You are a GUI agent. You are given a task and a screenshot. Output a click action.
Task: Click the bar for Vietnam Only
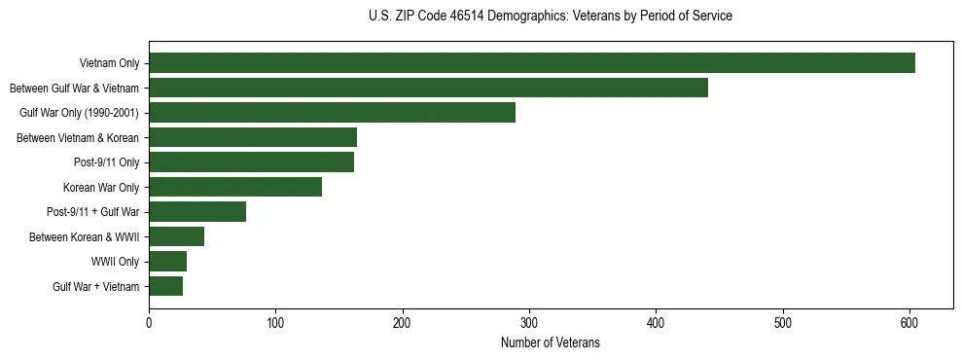tap(532, 63)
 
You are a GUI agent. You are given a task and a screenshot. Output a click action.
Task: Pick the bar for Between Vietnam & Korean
tap(253, 137)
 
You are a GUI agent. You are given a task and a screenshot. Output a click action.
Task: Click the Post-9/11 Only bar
tap(251, 162)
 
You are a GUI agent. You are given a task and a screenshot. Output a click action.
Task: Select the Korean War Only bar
tap(235, 187)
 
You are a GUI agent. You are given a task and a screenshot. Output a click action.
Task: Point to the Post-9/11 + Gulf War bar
tap(197, 212)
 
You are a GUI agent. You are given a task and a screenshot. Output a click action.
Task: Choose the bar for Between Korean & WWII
tap(176, 236)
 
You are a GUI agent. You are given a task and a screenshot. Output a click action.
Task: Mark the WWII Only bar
tap(167, 262)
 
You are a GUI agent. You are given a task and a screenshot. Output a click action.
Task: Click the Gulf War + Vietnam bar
tap(165, 286)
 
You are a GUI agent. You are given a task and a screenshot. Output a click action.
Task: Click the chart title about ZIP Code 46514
tap(551, 17)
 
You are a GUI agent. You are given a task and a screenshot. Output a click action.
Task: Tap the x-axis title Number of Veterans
tap(551, 343)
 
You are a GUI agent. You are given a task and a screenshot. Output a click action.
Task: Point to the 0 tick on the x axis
tap(149, 323)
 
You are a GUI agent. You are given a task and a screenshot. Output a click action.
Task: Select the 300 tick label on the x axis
tap(529, 323)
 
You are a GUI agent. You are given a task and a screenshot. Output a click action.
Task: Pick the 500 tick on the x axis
tap(783, 323)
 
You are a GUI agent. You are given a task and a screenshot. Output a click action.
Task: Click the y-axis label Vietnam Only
tap(109, 64)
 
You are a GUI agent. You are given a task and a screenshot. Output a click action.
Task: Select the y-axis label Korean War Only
tap(101, 188)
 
